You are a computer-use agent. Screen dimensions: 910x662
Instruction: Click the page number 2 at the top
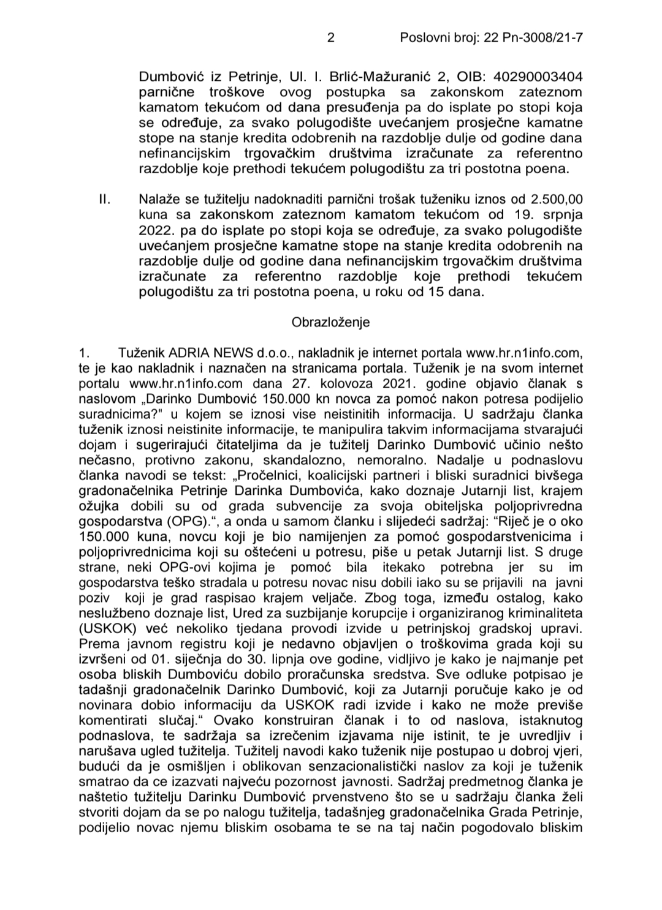coord(331,38)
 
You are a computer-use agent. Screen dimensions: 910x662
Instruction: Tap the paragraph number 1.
coord(85,353)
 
